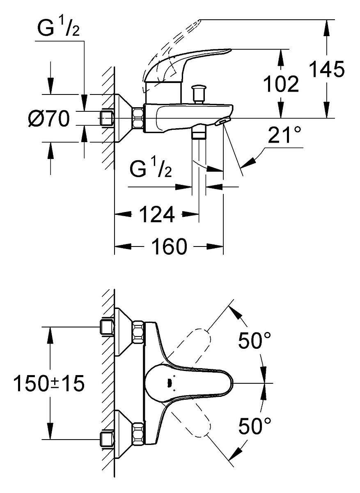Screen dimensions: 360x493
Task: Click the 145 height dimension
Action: pyautogui.click(x=327, y=69)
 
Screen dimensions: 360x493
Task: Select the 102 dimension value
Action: pyautogui.click(x=281, y=84)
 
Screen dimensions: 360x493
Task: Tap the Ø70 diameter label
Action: pyautogui.click(x=49, y=118)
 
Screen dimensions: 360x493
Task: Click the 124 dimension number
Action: pyautogui.click(x=157, y=214)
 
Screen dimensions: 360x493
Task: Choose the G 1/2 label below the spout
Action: pyautogui.click(x=151, y=168)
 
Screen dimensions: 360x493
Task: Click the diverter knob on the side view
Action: pyautogui.click(x=199, y=94)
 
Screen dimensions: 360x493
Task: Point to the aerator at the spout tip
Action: pyautogui.click(x=222, y=122)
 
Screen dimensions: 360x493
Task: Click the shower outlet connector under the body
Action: pyautogui.click(x=199, y=131)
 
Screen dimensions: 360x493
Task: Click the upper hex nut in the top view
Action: pyautogui.click(x=138, y=332)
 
